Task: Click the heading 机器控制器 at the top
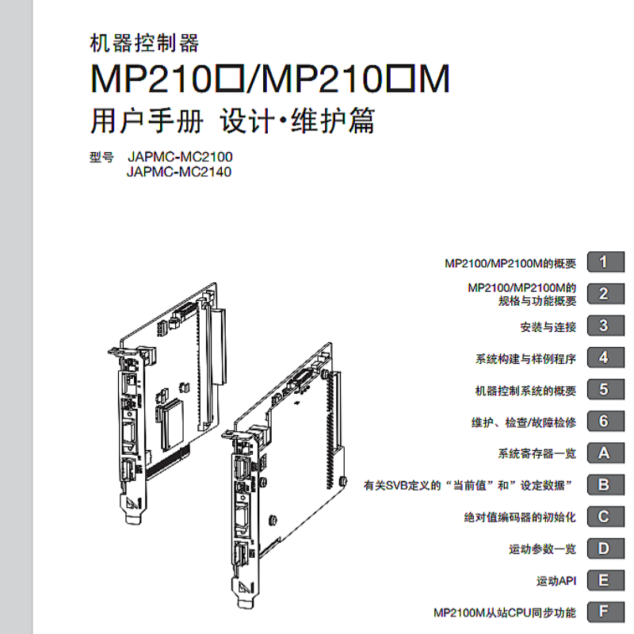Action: pos(145,44)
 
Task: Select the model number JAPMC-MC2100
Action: pos(179,157)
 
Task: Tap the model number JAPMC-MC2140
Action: pos(179,171)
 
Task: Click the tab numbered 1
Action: pos(604,262)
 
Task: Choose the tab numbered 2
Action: pos(604,294)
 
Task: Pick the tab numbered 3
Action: pos(604,326)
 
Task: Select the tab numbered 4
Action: pos(604,357)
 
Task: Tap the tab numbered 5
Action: pos(604,390)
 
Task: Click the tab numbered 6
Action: pos(604,422)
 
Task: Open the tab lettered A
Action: pos(604,453)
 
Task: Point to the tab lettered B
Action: pos(604,485)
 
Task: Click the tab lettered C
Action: pos(604,517)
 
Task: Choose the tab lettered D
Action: pos(604,548)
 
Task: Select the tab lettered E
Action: pos(604,580)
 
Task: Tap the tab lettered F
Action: pos(604,612)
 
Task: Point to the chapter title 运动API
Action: pos(556,581)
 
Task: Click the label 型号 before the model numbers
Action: pos(102,157)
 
